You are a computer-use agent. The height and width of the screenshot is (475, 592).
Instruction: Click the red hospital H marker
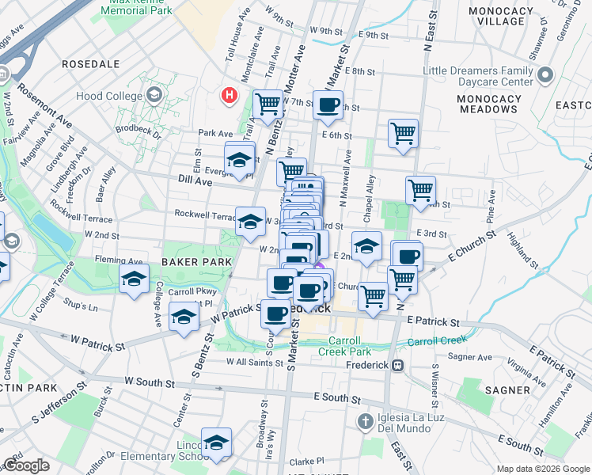point(230,96)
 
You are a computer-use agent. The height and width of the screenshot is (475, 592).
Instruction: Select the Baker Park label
point(196,261)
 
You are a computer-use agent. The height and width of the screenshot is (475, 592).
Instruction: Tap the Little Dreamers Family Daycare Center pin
point(545,76)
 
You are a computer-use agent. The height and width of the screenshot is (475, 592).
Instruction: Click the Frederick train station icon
point(398,366)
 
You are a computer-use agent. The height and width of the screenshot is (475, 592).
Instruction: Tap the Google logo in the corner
point(27,465)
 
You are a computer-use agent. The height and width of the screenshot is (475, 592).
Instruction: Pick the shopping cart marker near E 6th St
point(403,132)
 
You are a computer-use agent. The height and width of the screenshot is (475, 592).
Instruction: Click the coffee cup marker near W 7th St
point(327,104)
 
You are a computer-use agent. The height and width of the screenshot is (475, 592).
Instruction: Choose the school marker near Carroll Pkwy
point(134,278)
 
